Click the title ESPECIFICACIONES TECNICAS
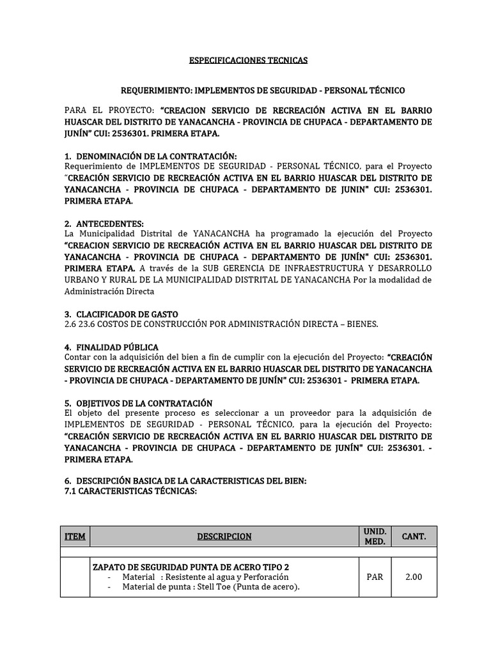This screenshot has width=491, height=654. pyautogui.click(x=248, y=60)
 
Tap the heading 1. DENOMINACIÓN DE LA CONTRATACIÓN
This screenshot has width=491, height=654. pyautogui.click(x=150, y=156)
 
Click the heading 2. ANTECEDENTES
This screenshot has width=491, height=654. pyautogui.click(x=104, y=223)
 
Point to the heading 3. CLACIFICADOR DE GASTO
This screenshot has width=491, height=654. pyautogui.click(x=121, y=314)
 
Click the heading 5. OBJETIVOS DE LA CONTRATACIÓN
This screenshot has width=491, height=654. pyautogui.click(x=138, y=403)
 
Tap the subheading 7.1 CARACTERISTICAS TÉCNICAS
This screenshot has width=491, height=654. pyautogui.click(x=130, y=491)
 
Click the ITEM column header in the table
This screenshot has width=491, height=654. pyautogui.click(x=75, y=536)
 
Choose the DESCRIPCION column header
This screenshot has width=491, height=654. pyautogui.click(x=223, y=536)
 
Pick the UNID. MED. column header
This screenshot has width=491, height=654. pyautogui.click(x=375, y=536)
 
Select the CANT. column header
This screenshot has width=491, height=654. pyautogui.click(x=414, y=536)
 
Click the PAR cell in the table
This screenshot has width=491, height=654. pyautogui.click(x=375, y=577)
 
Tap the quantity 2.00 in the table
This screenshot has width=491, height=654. pyautogui.click(x=414, y=577)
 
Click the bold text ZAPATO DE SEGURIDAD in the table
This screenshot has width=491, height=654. pyautogui.click(x=141, y=567)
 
